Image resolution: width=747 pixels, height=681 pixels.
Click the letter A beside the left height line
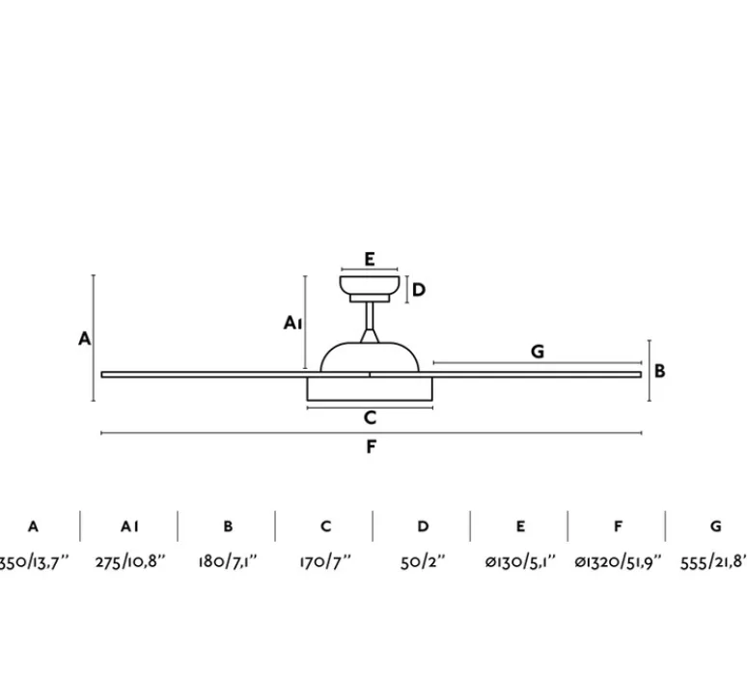point(85,338)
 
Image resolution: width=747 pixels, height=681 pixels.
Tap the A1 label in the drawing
point(293,324)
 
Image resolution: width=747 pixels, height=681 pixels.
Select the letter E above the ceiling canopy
point(370,258)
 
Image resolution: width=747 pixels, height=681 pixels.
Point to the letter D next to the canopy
point(418,290)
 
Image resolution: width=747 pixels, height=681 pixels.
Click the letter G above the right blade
point(538,352)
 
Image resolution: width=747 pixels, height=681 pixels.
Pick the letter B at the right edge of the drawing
point(660,370)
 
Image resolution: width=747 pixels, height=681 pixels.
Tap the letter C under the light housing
point(370,418)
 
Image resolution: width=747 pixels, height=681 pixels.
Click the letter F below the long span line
point(371,446)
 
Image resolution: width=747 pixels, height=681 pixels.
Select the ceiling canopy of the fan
point(370,286)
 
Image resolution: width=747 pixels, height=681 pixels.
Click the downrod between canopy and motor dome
point(370,322)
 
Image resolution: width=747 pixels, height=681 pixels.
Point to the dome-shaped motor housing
point(370,355)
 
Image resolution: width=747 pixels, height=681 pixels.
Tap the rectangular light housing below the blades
point(370,386)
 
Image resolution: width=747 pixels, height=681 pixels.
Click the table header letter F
point(618,526)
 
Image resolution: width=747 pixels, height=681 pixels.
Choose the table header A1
point(130,526)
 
